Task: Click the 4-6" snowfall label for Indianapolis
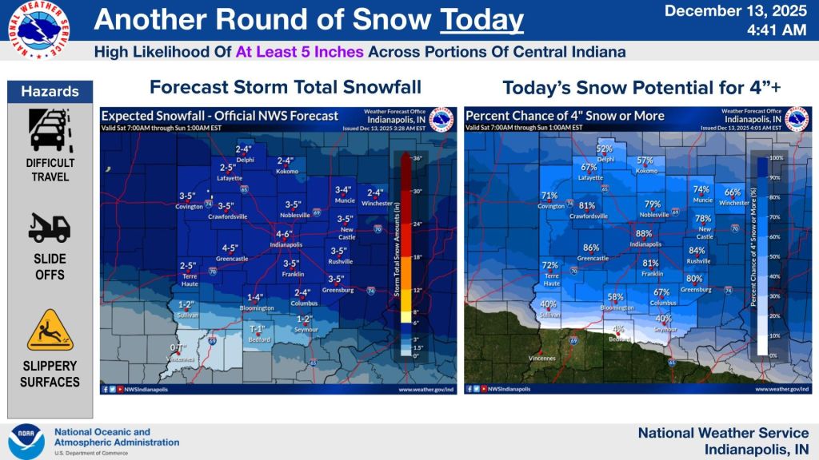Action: click(284, 234)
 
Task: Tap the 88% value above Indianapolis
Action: click(644, 234)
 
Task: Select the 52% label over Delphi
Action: click(605, 149)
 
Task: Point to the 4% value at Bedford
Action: click(618, 329)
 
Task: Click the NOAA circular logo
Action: click(26, 441)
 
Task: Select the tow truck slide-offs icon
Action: click(50, 228)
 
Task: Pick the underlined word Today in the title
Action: click(481, 20)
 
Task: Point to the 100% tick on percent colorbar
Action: click(773, 158)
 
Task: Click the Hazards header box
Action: click(50, 91)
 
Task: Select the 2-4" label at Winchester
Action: click(375, 192)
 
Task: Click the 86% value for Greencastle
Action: click(591, 248)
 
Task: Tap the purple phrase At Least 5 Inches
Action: click(300, 52)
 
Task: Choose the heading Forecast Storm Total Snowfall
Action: click(286, 87)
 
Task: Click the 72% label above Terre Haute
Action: click(549, 266)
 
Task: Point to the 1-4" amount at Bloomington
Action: click(255, 298)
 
